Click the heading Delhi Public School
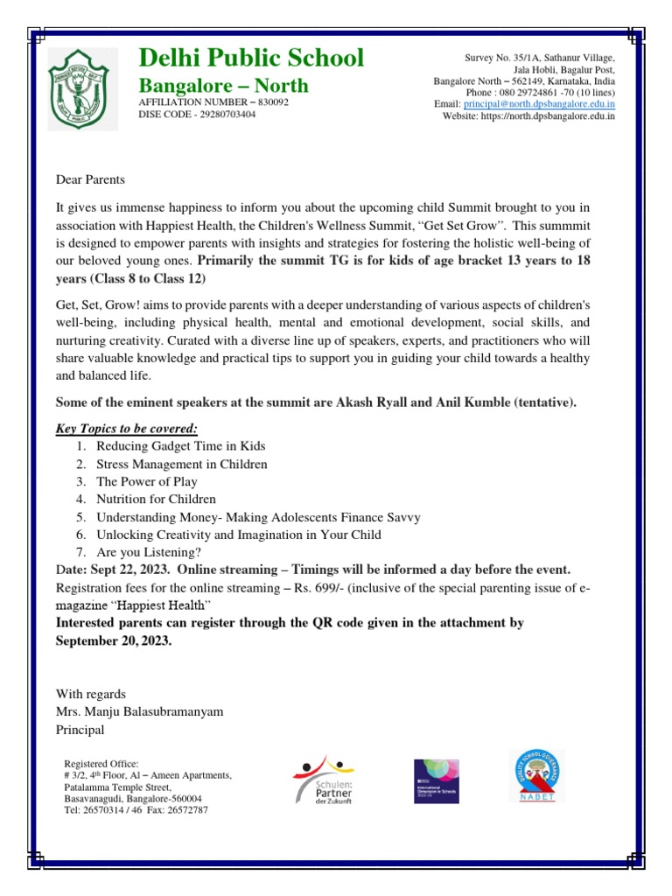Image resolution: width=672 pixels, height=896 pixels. tap(252, 58)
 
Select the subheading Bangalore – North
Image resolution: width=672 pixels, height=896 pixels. tap(224, 85)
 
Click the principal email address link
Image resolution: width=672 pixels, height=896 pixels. tap(538, 103)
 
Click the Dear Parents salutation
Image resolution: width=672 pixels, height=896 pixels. tap(91, 179)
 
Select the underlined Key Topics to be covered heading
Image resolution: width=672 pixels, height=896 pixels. tap(127, 428)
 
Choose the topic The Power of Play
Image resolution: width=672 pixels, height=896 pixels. tap(147, 481)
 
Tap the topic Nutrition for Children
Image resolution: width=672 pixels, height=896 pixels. tap(156, 499)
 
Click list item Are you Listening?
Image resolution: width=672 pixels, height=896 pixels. tap(149, 551)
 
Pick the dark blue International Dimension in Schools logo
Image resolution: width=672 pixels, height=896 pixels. tap(436, 780)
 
